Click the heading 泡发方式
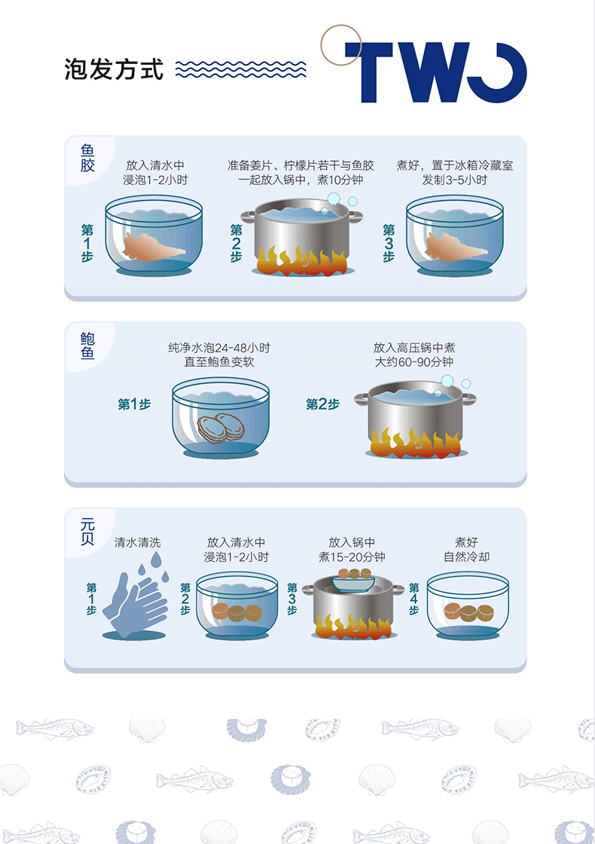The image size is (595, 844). click(x=114, y=69)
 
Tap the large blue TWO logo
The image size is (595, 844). click(x=435, y=72)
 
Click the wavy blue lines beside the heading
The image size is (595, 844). click(x=241, y=69)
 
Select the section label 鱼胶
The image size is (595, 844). click(x=87, y=157)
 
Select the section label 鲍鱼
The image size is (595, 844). click(x=87, y=345)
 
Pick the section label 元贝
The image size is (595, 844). click(x=87, y=532)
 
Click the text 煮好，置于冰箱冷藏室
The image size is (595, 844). click(x=454, y=165)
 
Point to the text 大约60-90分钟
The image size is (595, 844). click(x=413, y=361)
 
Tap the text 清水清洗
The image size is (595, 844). click(x=137, y=543)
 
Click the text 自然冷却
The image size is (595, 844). click(x=466, y=556)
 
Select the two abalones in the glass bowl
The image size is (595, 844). click(x=221, y=428)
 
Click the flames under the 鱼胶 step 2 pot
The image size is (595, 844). click(x=302, y=261)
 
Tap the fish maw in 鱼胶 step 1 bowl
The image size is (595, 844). click(x=153, y=247)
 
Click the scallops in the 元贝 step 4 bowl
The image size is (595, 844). click(x=469, y=612)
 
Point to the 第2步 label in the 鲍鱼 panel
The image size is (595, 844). click(x=322, y=404)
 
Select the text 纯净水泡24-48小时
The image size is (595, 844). click(x=219, y=348)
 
